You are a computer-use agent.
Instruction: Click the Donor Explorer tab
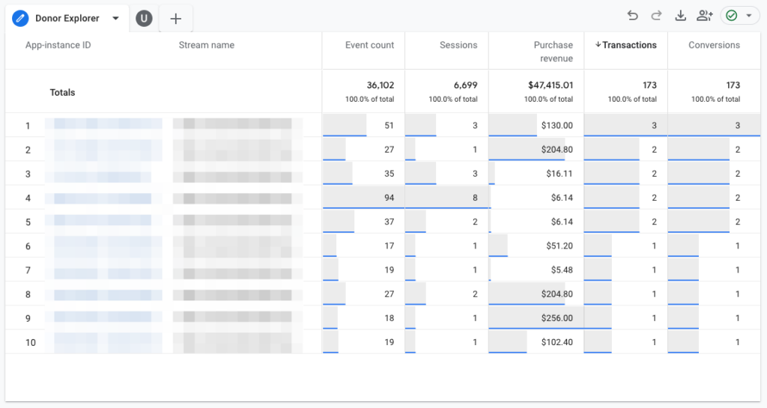tap(66, 19)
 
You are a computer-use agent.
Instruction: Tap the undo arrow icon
tap(633, 16)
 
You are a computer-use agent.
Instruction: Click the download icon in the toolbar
tap(680, 16)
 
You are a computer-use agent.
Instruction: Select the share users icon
tap(704, 16)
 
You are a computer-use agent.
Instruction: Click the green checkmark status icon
tap(732, 16)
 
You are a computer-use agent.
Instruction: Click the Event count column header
tap(369, 45)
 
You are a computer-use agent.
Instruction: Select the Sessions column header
tap(458, 45)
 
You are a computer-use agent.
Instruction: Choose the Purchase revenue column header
tap(553, 52)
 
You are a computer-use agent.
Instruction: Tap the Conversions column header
tap(714, 45)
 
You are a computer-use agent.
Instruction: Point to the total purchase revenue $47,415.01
tap(551, 85)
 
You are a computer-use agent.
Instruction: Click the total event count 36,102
tap(380, 85)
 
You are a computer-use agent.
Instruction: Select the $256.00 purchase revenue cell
tap(557, 318)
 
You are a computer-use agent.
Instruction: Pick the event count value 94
tap(389, 198)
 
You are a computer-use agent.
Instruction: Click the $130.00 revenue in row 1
tap(557, 126)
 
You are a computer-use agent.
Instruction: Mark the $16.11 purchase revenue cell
tap(560, 174)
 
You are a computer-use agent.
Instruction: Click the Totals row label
tap(62, 93)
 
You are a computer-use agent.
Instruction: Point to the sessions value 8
tap(474, 198)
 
